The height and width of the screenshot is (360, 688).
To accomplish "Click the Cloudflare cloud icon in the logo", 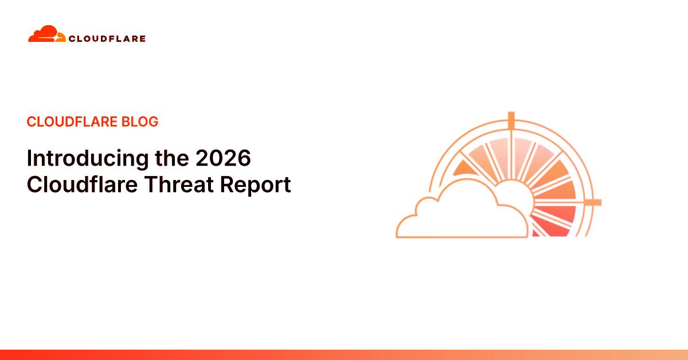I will (46, 34).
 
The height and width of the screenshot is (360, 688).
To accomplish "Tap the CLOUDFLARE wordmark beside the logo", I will (107, 39).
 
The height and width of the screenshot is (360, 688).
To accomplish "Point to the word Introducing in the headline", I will (79, 158).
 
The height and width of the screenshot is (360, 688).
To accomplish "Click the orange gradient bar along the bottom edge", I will (344, 355).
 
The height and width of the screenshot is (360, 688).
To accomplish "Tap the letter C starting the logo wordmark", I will (72, 39).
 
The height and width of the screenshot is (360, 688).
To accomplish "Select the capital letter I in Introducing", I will (30, 158).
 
